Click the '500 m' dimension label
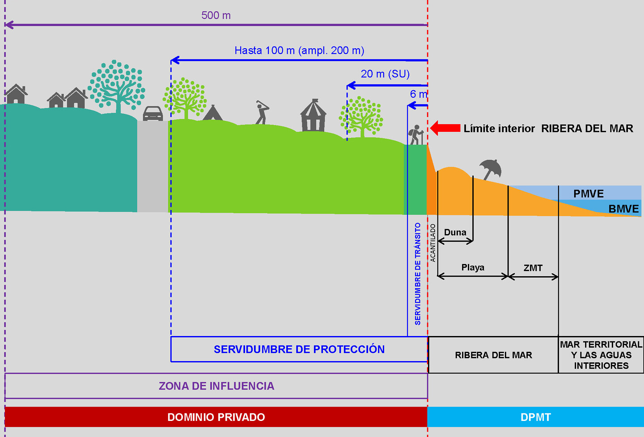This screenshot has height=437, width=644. tap(216, 16)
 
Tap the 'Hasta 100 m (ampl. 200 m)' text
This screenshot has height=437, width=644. tap(299, 50)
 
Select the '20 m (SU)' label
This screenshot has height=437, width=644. tap(385, 74)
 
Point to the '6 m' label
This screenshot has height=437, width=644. tap(419, 94)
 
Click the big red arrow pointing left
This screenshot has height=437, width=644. tap(445, 128)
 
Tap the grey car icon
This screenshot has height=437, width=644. tap(153, 113)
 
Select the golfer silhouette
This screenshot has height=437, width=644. tap(262, 112)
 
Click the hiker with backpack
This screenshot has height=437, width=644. tap(416, 134)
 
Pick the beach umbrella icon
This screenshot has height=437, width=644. tap(491, 169)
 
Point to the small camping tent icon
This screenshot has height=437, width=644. tap(212, 113)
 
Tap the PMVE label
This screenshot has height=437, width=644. tap(589, 193)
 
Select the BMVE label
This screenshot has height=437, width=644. tap(623, 209)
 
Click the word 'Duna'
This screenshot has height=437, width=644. tap(455, 232)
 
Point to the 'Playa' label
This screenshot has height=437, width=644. tap(473, 268)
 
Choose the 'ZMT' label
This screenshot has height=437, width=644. tap(533, 268)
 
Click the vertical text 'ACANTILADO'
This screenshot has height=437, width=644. tap(433, 243)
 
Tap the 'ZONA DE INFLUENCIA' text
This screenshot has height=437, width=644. tap(216, 386)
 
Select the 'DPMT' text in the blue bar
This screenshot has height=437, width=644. tap(536, 417)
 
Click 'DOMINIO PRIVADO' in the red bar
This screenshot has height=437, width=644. tap(216, 417)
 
